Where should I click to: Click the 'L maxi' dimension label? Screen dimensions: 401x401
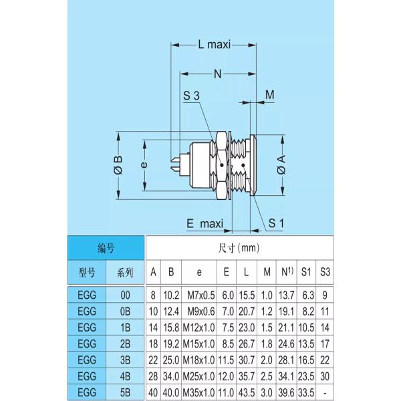point(214,45)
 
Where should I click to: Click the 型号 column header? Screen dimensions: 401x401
point(86,272)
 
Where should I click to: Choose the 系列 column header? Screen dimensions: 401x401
point(125,272)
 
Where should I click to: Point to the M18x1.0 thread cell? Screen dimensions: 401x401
point(198,360)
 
